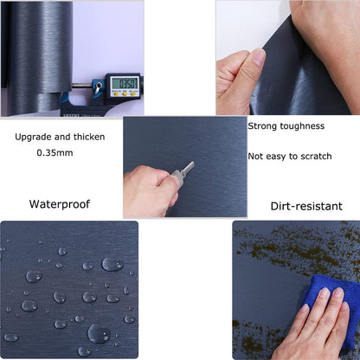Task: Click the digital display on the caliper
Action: [x=124, y=84]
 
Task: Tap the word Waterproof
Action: [x=60, y=205]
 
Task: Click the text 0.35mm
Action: [x=54, y=153]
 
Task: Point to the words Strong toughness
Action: [x=286, y=126]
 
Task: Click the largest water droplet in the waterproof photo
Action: [x=98, y=332]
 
